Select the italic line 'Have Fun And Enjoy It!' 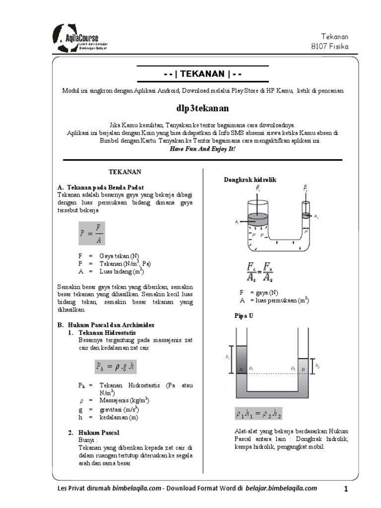point(203,148)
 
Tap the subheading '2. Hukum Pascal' point(94,433)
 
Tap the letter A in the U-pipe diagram point(241,369)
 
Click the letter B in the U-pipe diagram point(304,369)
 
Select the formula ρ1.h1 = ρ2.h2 point(258,414)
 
